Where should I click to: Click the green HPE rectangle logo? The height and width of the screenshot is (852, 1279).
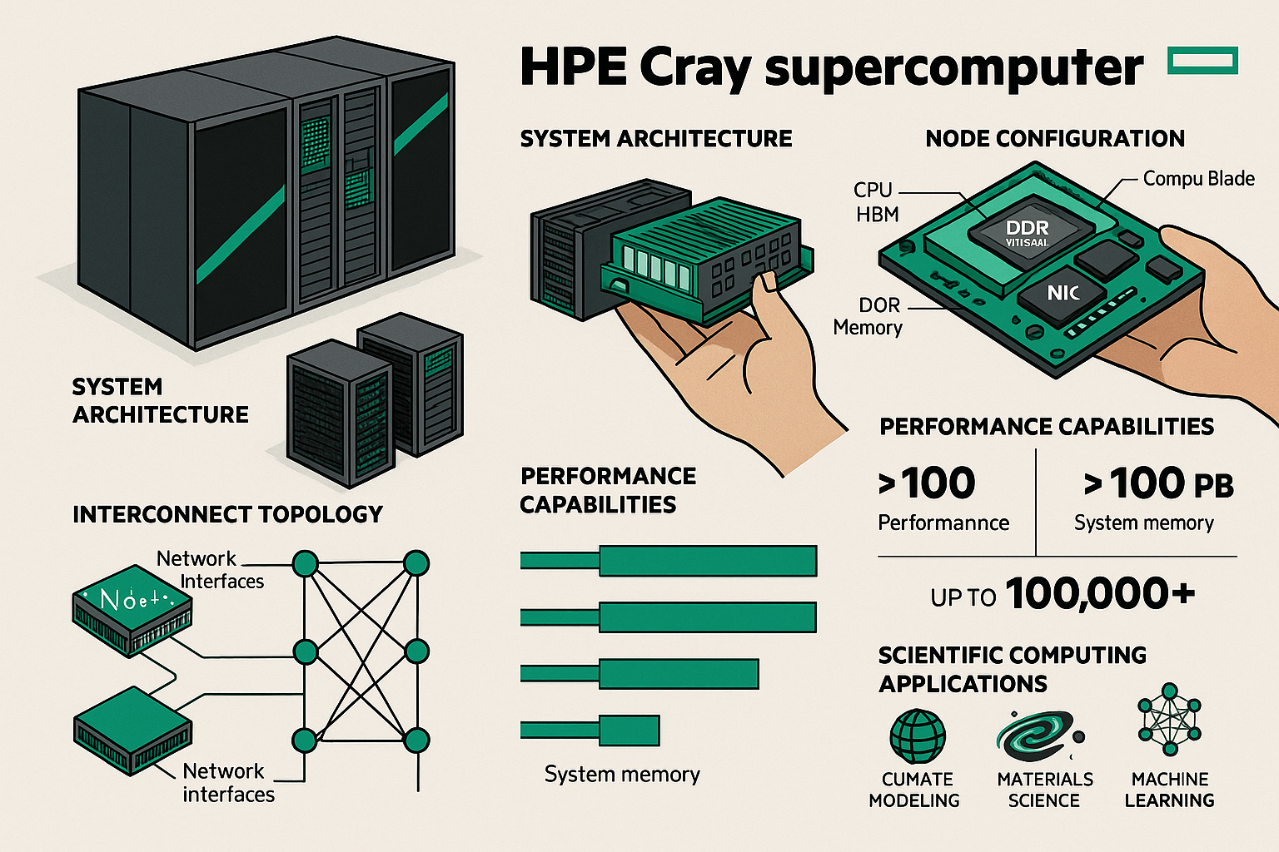(x=1203, y=61)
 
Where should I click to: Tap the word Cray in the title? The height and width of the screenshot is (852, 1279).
(x=694, y=68)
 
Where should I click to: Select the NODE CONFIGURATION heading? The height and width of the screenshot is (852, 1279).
(x=1055, y=138)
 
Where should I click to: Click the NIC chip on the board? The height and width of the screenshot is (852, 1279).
(x=1063, y=292)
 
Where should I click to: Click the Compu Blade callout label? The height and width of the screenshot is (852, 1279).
(x=1198, y=179)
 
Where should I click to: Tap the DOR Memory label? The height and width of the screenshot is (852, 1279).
(x=868, y=317)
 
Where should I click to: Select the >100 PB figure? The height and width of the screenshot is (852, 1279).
(x=1158, y=483)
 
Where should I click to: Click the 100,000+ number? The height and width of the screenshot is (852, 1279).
(x=1100, y=594)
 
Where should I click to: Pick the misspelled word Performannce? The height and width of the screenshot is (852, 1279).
(x=943, y=523)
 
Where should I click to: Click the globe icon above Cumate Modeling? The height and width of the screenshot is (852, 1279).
(x=918, y=736)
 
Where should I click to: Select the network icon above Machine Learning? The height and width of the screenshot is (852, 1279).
(x=1170, y=720)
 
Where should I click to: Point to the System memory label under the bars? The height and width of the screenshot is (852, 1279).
(x=622, y=775)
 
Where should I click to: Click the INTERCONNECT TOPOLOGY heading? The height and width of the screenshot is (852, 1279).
(x=227, y=514)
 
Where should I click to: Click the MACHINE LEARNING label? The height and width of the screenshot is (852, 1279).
(x=1169, y=790)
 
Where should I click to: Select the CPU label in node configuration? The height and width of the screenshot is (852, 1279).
(x=873, y=190)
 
